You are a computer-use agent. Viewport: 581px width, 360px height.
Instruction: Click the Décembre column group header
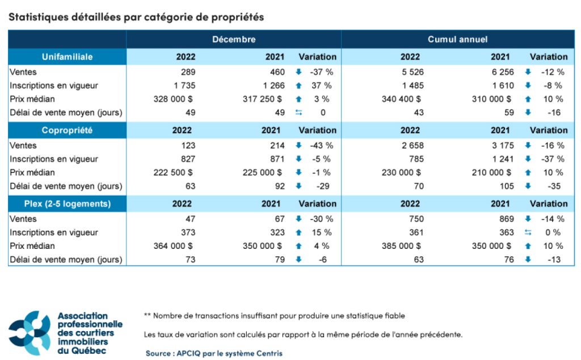coord(234,39)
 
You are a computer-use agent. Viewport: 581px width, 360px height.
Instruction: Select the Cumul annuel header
coord(457,39)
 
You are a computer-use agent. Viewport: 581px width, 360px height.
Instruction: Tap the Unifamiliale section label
coord(67,57)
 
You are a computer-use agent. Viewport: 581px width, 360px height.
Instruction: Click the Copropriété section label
coord(67,130)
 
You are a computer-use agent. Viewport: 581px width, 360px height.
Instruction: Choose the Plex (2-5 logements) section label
coord(67,204)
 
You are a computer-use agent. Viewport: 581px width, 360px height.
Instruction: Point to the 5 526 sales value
coord(410,72)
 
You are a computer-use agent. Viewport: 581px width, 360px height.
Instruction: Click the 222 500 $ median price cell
coord(174,172)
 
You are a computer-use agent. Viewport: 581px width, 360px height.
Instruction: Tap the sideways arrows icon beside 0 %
coord(528,232)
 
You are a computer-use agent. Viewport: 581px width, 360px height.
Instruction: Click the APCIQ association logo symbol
coord(32,333)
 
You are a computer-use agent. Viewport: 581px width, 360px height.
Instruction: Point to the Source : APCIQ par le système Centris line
coord(213,353)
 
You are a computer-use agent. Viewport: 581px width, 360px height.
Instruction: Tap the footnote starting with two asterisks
coord(275,315)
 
